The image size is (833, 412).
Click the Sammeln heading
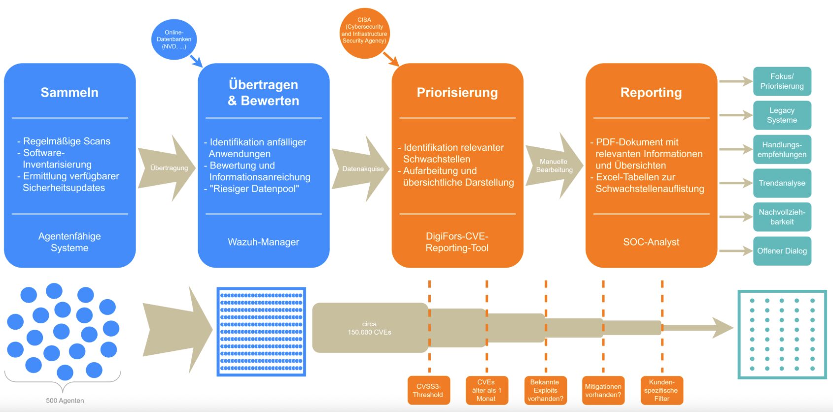[x=69, y=93]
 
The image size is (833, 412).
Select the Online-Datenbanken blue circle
[x=174, y=39]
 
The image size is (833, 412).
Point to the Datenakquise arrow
[x=362, y=169]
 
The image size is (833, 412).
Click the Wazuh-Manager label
[x=263, y=242]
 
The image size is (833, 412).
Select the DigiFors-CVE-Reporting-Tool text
[x=457, y=242]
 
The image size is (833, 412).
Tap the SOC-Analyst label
[x=651, y=242]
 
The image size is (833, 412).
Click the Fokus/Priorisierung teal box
[x=782, y=81]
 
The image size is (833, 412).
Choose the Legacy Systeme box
[x=782, y=115]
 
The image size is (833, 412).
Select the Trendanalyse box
[x=782, y=183]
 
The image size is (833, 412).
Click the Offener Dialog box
[x=782, y=251]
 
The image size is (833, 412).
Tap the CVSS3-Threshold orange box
[x=428, y=390]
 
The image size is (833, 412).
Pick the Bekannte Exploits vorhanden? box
[x=545, y=390]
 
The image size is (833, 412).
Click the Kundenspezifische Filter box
[x=661, y=390]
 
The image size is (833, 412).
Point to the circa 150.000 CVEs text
[x=369, y=328]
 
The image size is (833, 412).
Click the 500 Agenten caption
[x=65, y=401]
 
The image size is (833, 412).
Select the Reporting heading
[x=651, y=93]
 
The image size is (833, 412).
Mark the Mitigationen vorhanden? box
[x=603, y=390]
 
